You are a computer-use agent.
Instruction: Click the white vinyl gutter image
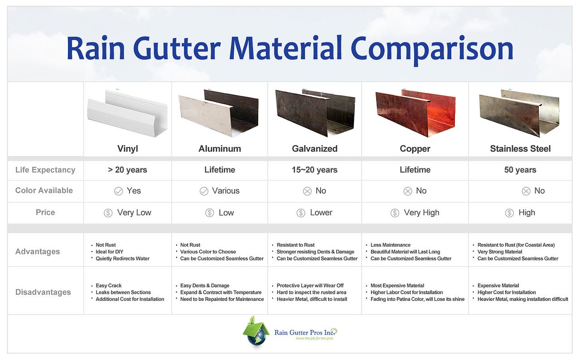tap(127, 113)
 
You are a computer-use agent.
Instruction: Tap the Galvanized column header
tap(314, 149)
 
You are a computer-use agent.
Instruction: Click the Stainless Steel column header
tap(520, 149)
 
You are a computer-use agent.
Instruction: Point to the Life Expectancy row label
tap(45, 170)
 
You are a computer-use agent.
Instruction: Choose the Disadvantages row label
tap(43, 292)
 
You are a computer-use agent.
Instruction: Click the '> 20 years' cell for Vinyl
tap(127, 170)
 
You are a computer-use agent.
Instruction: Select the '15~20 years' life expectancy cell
tap(314, 170)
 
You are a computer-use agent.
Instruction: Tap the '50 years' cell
tap(520, 170)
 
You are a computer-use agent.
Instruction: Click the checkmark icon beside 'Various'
tap(204, 191)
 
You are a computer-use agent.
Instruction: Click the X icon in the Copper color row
tap(408, 191)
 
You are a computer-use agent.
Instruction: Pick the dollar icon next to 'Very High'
tap(395, 213)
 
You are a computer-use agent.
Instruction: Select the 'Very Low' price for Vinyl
tap(134, 213)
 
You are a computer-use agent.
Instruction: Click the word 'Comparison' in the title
tap(432, 49)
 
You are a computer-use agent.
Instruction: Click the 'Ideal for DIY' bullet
tap(109, 252)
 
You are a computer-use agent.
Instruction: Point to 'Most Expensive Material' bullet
tap(397, 286)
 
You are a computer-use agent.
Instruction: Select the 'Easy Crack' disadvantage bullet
tap(108, 286)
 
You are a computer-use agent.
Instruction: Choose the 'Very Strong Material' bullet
tap(500, 252)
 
